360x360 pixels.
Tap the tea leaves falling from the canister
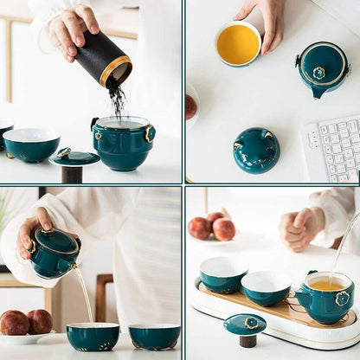tap(117, 100)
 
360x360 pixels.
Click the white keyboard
tap(332, 149)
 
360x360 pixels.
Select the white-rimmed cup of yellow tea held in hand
tap(237, 43)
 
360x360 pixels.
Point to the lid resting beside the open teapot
tap(74, 157)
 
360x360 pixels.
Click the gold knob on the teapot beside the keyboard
tap(319, 73)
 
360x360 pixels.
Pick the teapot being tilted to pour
tap(54, 251)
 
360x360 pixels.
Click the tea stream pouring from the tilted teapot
tap(84, 294)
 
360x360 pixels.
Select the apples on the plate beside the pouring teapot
tap(26, 323)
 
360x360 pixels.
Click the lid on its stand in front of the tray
tap(245, 326)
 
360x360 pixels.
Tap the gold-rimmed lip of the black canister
tap(116, 72)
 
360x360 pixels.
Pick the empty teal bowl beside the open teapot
tap(31, 145)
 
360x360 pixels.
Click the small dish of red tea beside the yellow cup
tap(191, 106)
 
